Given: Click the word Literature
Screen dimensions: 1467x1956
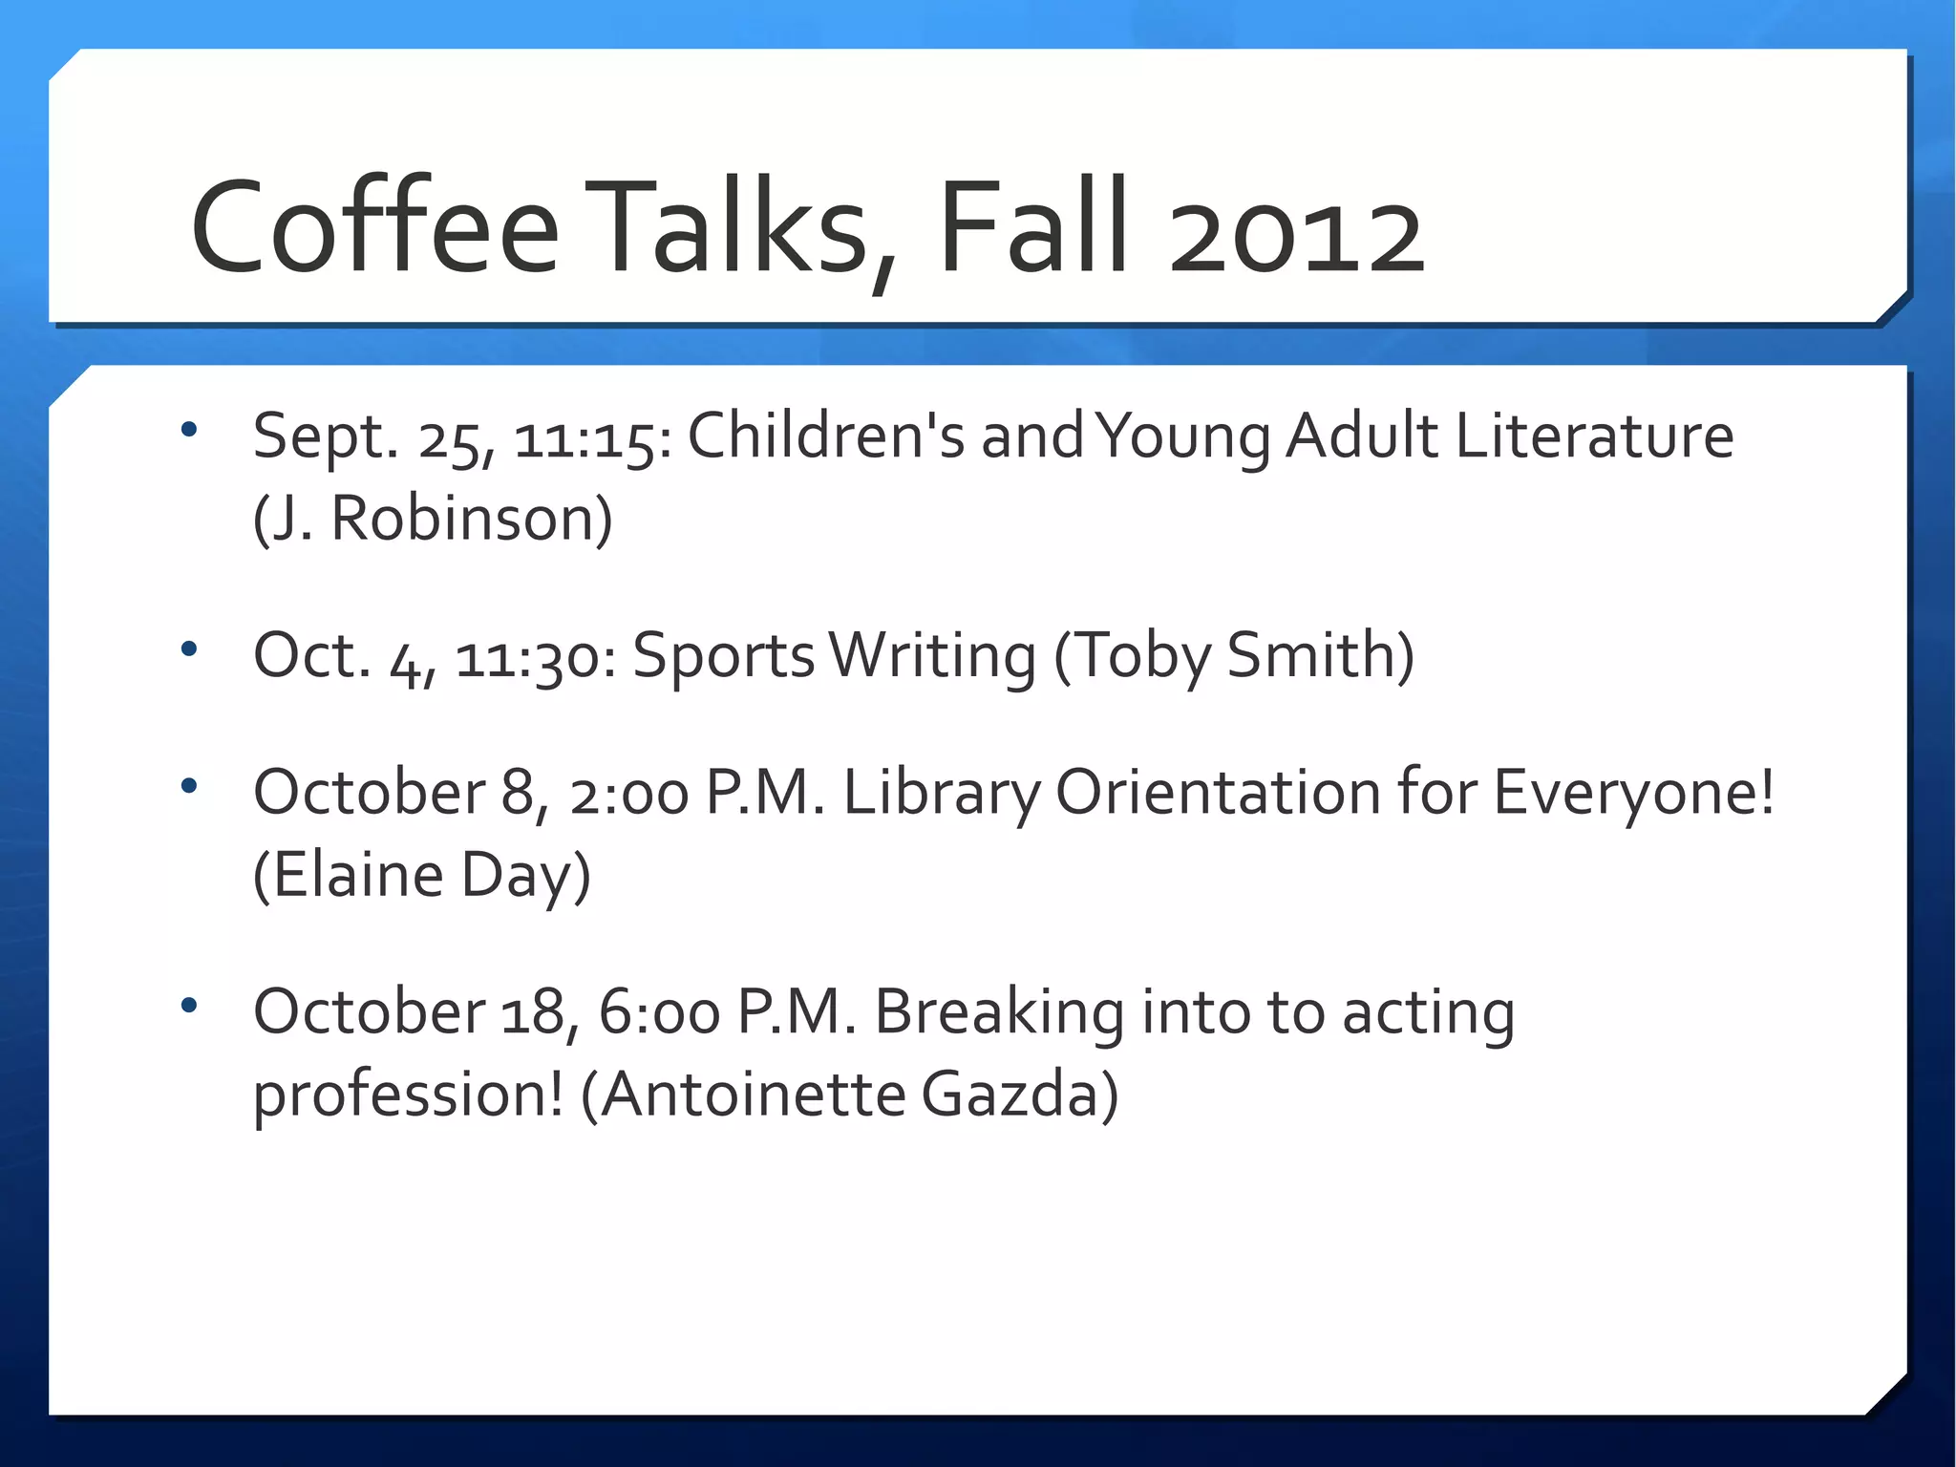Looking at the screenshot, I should click(1594, 436).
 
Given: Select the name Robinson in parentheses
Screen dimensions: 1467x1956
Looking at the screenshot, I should click(472, 520).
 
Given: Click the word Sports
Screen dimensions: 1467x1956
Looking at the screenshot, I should click(723, 658).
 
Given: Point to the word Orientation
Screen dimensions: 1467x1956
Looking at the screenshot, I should click(1218, 793).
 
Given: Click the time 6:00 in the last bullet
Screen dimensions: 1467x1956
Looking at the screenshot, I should click(659, 1012).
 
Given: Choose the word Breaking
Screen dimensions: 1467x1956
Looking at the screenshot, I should click(999, 1012).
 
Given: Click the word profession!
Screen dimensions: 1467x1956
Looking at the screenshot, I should click(408, 1095).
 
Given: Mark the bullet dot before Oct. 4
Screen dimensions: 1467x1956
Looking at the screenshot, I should click(189, 649).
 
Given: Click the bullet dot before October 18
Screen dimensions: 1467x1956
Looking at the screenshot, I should click(189, 1005).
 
